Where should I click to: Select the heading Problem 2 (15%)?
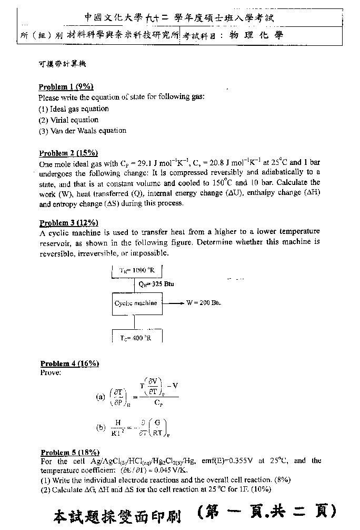click(68, 153)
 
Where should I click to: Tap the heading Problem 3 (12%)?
click(68, 223)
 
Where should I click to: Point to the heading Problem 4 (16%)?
click(69, 364)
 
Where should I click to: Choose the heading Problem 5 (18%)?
click(69, 453)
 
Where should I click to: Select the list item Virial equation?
click(68, 120)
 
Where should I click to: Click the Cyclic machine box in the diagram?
click(136, 303)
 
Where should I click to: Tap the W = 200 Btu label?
click(203, 303)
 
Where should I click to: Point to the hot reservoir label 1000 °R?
click(136, 270)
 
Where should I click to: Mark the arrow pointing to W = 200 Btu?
click(173, 303)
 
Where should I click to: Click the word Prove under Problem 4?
click(51, 372)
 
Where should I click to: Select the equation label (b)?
click(101, 428)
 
